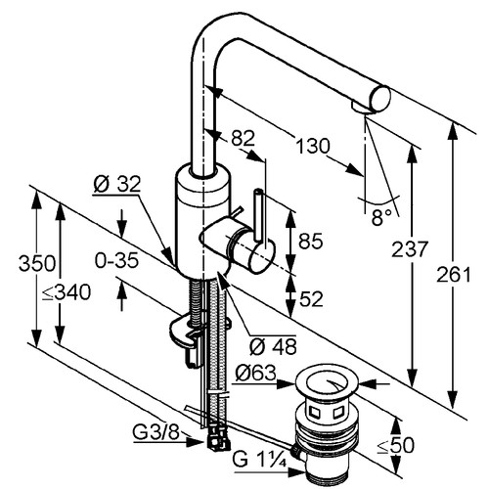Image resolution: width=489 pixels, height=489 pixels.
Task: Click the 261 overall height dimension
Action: click(x=454, y=275)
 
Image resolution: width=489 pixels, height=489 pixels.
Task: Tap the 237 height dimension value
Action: click(x=409, y=249)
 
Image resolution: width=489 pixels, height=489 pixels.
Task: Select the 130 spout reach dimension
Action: click(x=313, y=146)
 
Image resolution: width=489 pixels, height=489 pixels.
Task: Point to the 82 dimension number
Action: click(x=243, y=138)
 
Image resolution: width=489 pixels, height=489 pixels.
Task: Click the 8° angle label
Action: click(x=381, y=217)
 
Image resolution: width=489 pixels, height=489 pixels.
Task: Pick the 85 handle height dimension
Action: click(x=311, y=242)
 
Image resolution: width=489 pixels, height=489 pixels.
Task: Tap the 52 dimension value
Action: click(x=311, y=299)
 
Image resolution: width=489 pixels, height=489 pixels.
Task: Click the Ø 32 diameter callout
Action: click(x=116, y=184)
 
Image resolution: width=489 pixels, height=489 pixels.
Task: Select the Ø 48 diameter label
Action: click(x=273, y=346)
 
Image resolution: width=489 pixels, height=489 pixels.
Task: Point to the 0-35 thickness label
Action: click(x=116, y=260)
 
